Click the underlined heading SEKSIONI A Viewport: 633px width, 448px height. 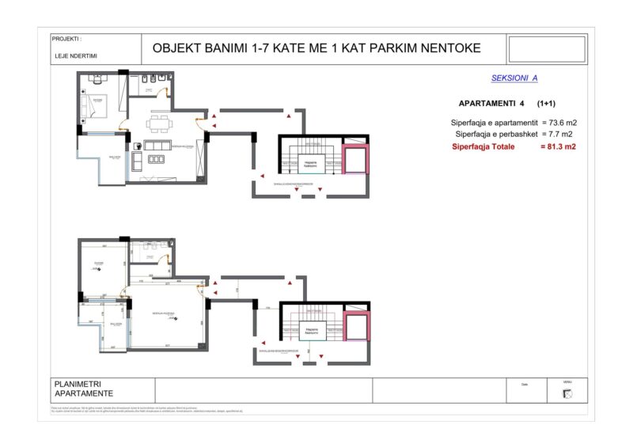click(x=514, y=78)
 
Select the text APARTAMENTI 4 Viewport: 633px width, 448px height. click(x=491, y=104)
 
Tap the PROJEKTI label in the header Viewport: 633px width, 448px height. click(x=66, y=39)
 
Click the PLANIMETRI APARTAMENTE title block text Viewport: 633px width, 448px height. click(x=84, y=389)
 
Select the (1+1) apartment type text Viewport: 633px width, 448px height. click(x=545, y=104)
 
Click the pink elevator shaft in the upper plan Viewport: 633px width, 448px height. click(x=354, y=159)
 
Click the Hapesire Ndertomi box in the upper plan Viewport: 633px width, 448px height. click(x=311, y=165)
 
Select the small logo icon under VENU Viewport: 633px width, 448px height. click(x=567, y=394)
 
